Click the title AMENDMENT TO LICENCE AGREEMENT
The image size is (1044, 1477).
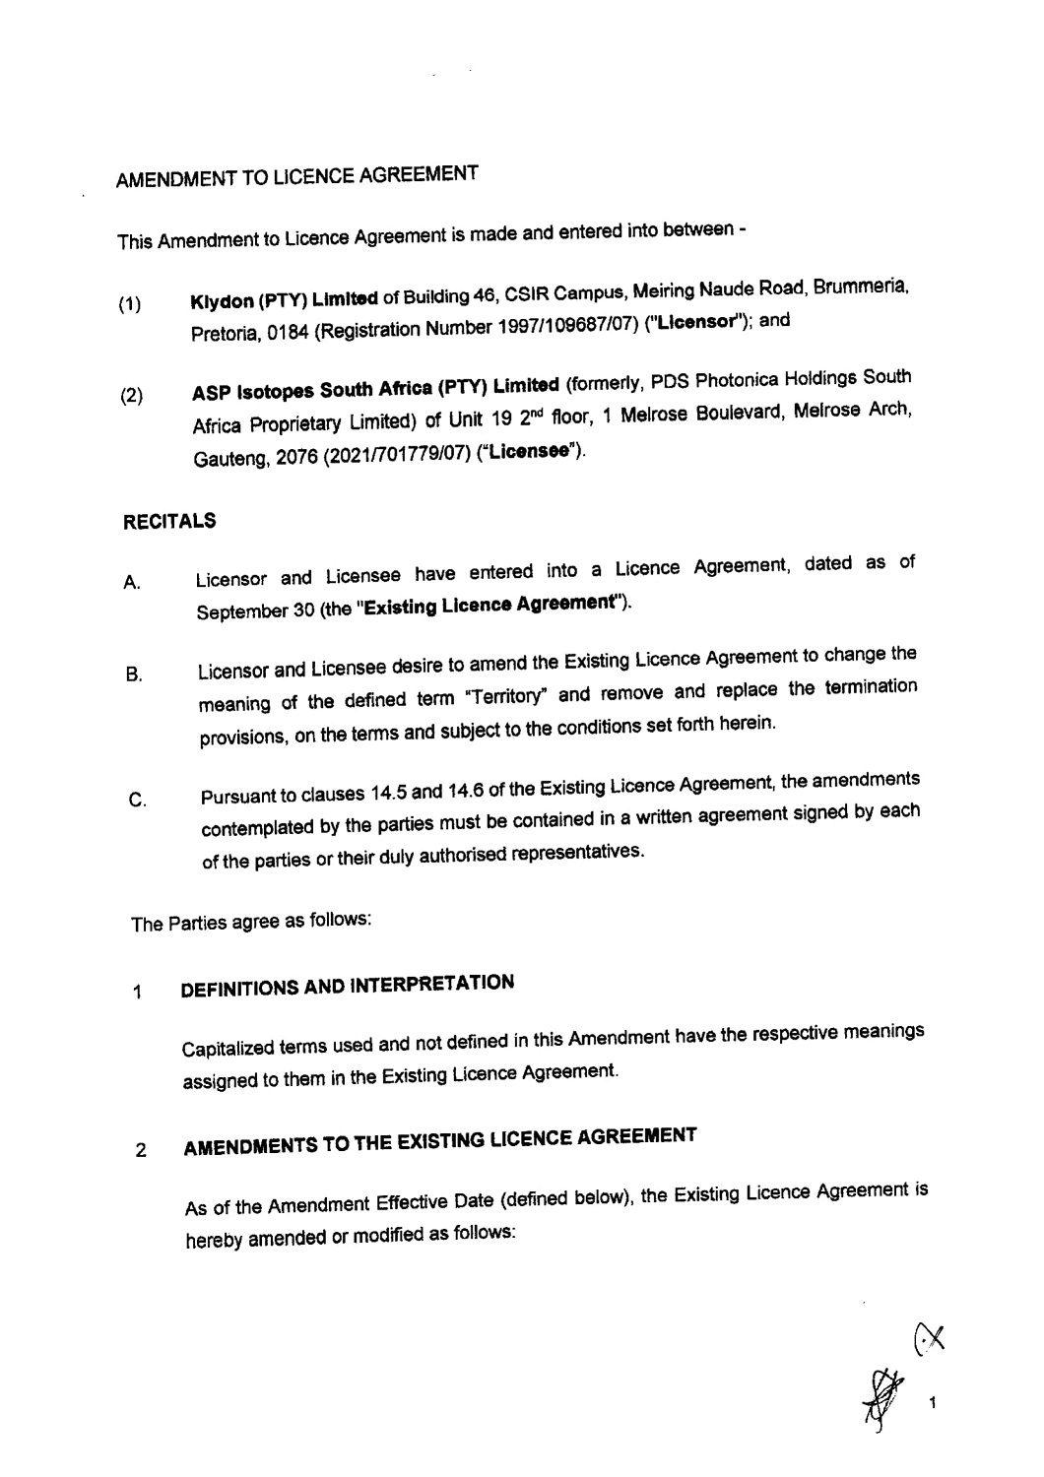(297, 179)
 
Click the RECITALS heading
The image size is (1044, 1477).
(169, 522)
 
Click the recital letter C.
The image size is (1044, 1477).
(138, 802)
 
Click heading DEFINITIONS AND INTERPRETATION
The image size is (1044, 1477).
(349, 990)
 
